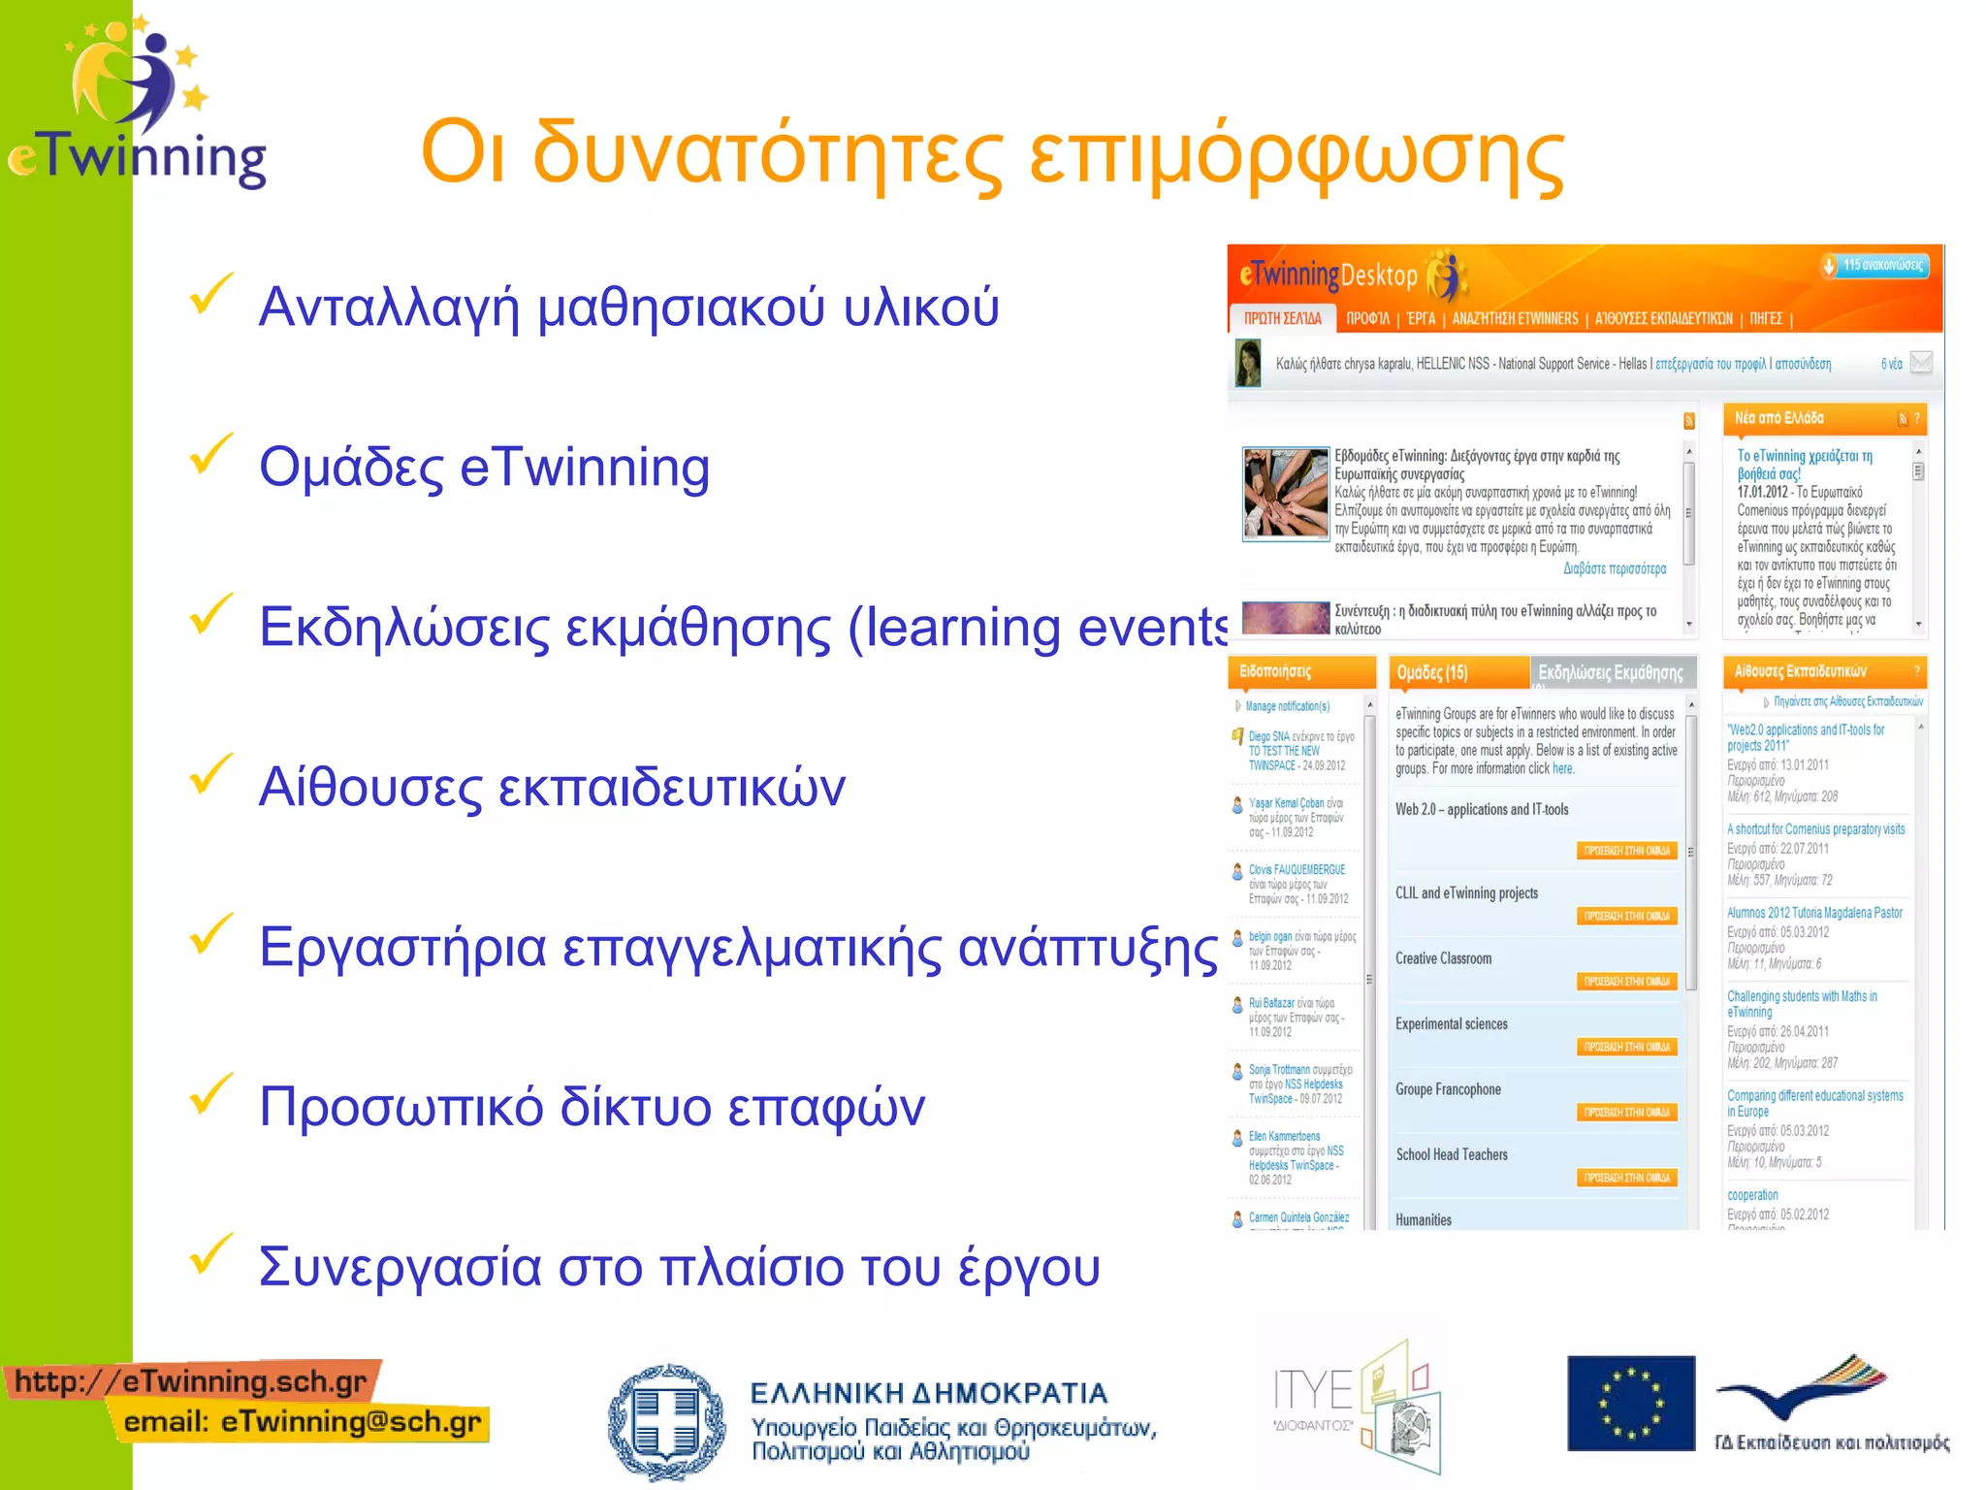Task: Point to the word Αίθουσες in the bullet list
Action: tap(369, 787)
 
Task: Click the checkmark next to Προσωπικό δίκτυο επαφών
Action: tap(210, 1094)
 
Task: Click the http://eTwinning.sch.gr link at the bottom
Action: tap(191, 1381)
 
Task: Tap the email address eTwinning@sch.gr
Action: tap(350, 1422)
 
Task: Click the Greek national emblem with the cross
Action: tap(666, 1422)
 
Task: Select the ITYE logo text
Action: tap(1312, 1392)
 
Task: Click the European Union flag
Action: tap(1630, 1403)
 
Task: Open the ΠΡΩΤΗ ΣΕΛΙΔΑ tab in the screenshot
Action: tap(1282, 318)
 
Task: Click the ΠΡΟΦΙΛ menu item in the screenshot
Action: tap(1367, 318)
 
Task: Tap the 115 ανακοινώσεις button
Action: tap(1875, 266)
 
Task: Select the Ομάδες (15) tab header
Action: tap(1431, 672)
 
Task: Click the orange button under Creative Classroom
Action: tap(1626, 982)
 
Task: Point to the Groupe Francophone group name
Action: tap(1448, 1089)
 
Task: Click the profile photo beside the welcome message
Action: tap(1247, 363)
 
